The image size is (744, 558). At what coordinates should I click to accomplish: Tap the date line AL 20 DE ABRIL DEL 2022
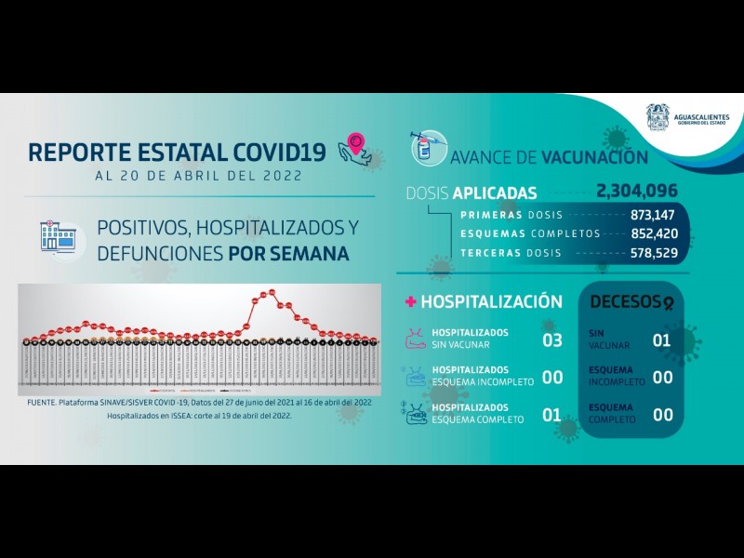point(199,175)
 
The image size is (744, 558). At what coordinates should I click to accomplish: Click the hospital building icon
point(58,238)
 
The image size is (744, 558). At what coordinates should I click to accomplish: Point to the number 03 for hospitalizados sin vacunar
point(552,339)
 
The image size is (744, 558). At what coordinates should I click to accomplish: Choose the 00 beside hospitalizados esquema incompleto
point(552,377)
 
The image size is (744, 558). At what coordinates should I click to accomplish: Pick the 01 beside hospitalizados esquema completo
point(552,414)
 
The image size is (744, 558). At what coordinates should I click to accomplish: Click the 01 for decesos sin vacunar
point(662,339)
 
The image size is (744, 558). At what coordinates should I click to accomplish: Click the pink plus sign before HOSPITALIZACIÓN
point(409,301)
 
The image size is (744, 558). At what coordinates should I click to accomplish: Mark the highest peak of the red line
point(271,292)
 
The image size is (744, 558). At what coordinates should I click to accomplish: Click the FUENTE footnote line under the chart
point(199,402)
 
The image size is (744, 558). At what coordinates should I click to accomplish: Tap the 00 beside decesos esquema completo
point(662,415)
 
